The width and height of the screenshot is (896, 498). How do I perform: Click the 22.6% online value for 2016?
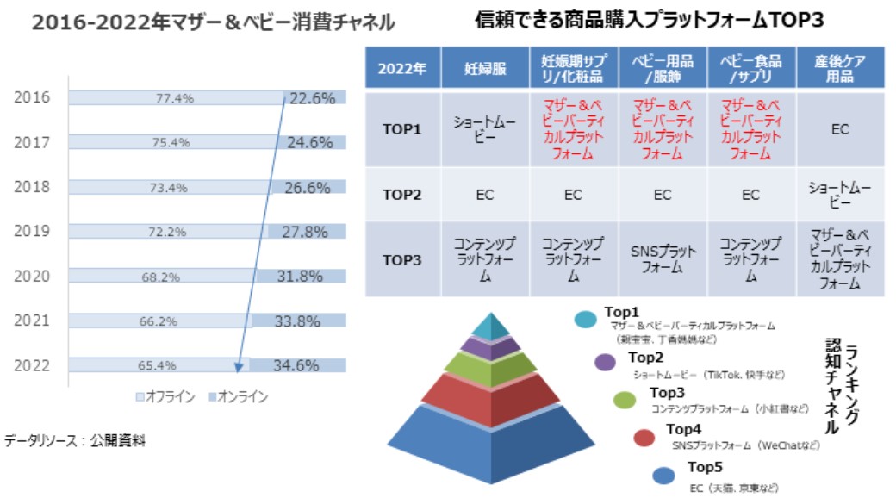point(312,98)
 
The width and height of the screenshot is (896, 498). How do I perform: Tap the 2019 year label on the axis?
point(32,231)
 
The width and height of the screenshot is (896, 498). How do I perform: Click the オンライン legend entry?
point(238,397)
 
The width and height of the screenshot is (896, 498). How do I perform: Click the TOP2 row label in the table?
point(402,195)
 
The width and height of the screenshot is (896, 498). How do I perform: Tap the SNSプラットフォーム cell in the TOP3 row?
point(662,259)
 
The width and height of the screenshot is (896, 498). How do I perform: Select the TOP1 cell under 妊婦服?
point(485,129)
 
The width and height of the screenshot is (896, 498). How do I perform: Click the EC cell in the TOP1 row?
point(840,129)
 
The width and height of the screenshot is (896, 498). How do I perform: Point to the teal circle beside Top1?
point(586,320)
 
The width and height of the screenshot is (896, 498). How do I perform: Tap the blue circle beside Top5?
point(663,474)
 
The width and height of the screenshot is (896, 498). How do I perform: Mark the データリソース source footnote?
point(76,441)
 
